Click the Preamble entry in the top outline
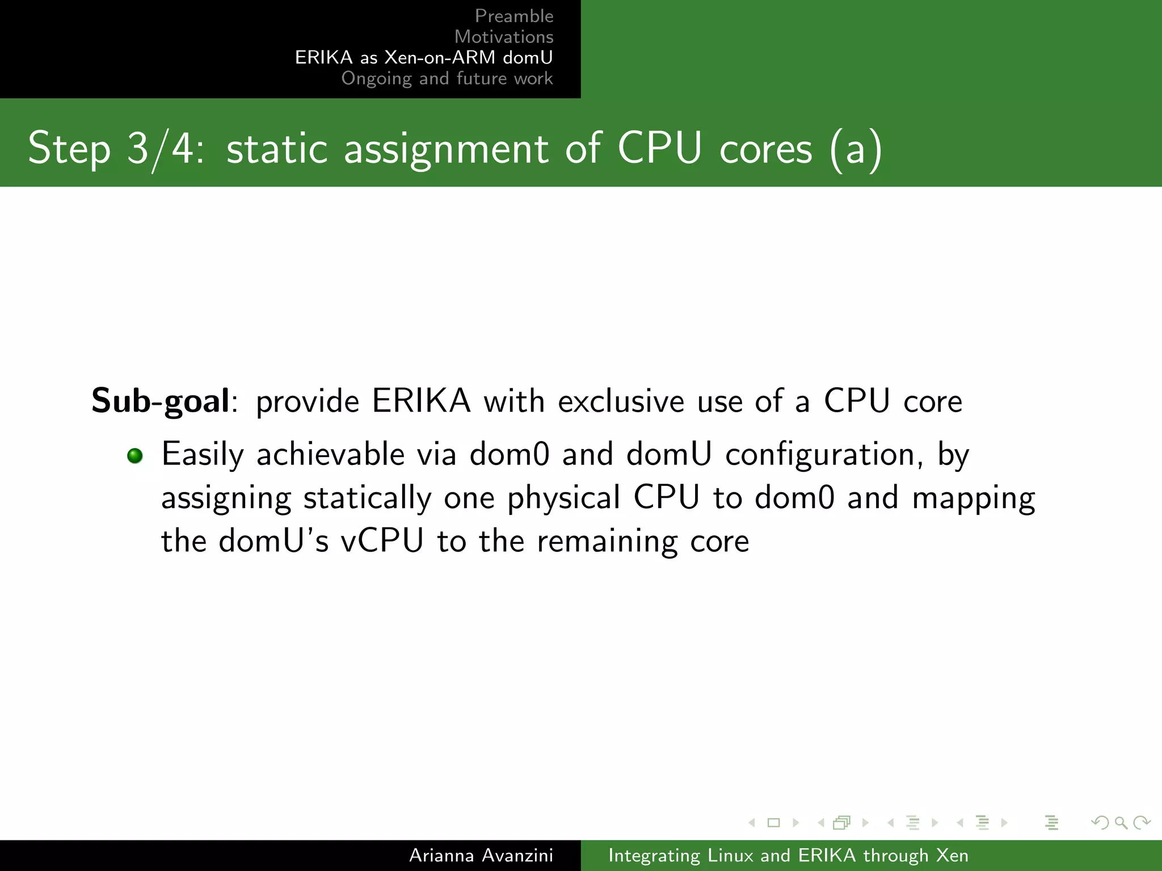[513, 16]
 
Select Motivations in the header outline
[503, 37]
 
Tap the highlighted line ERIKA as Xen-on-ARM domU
[423, 57]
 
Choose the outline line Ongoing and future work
[447, 78]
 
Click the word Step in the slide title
[69, 149]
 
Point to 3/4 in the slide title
[165, 149]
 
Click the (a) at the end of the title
[855, 149]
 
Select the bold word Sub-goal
[161, 401]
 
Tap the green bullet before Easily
[135, 455]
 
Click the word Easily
[203, 455]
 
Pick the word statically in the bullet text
[367, 498]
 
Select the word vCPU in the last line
[382, 541]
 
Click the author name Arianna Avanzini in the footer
[481, 855]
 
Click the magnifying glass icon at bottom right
[1121, 822]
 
